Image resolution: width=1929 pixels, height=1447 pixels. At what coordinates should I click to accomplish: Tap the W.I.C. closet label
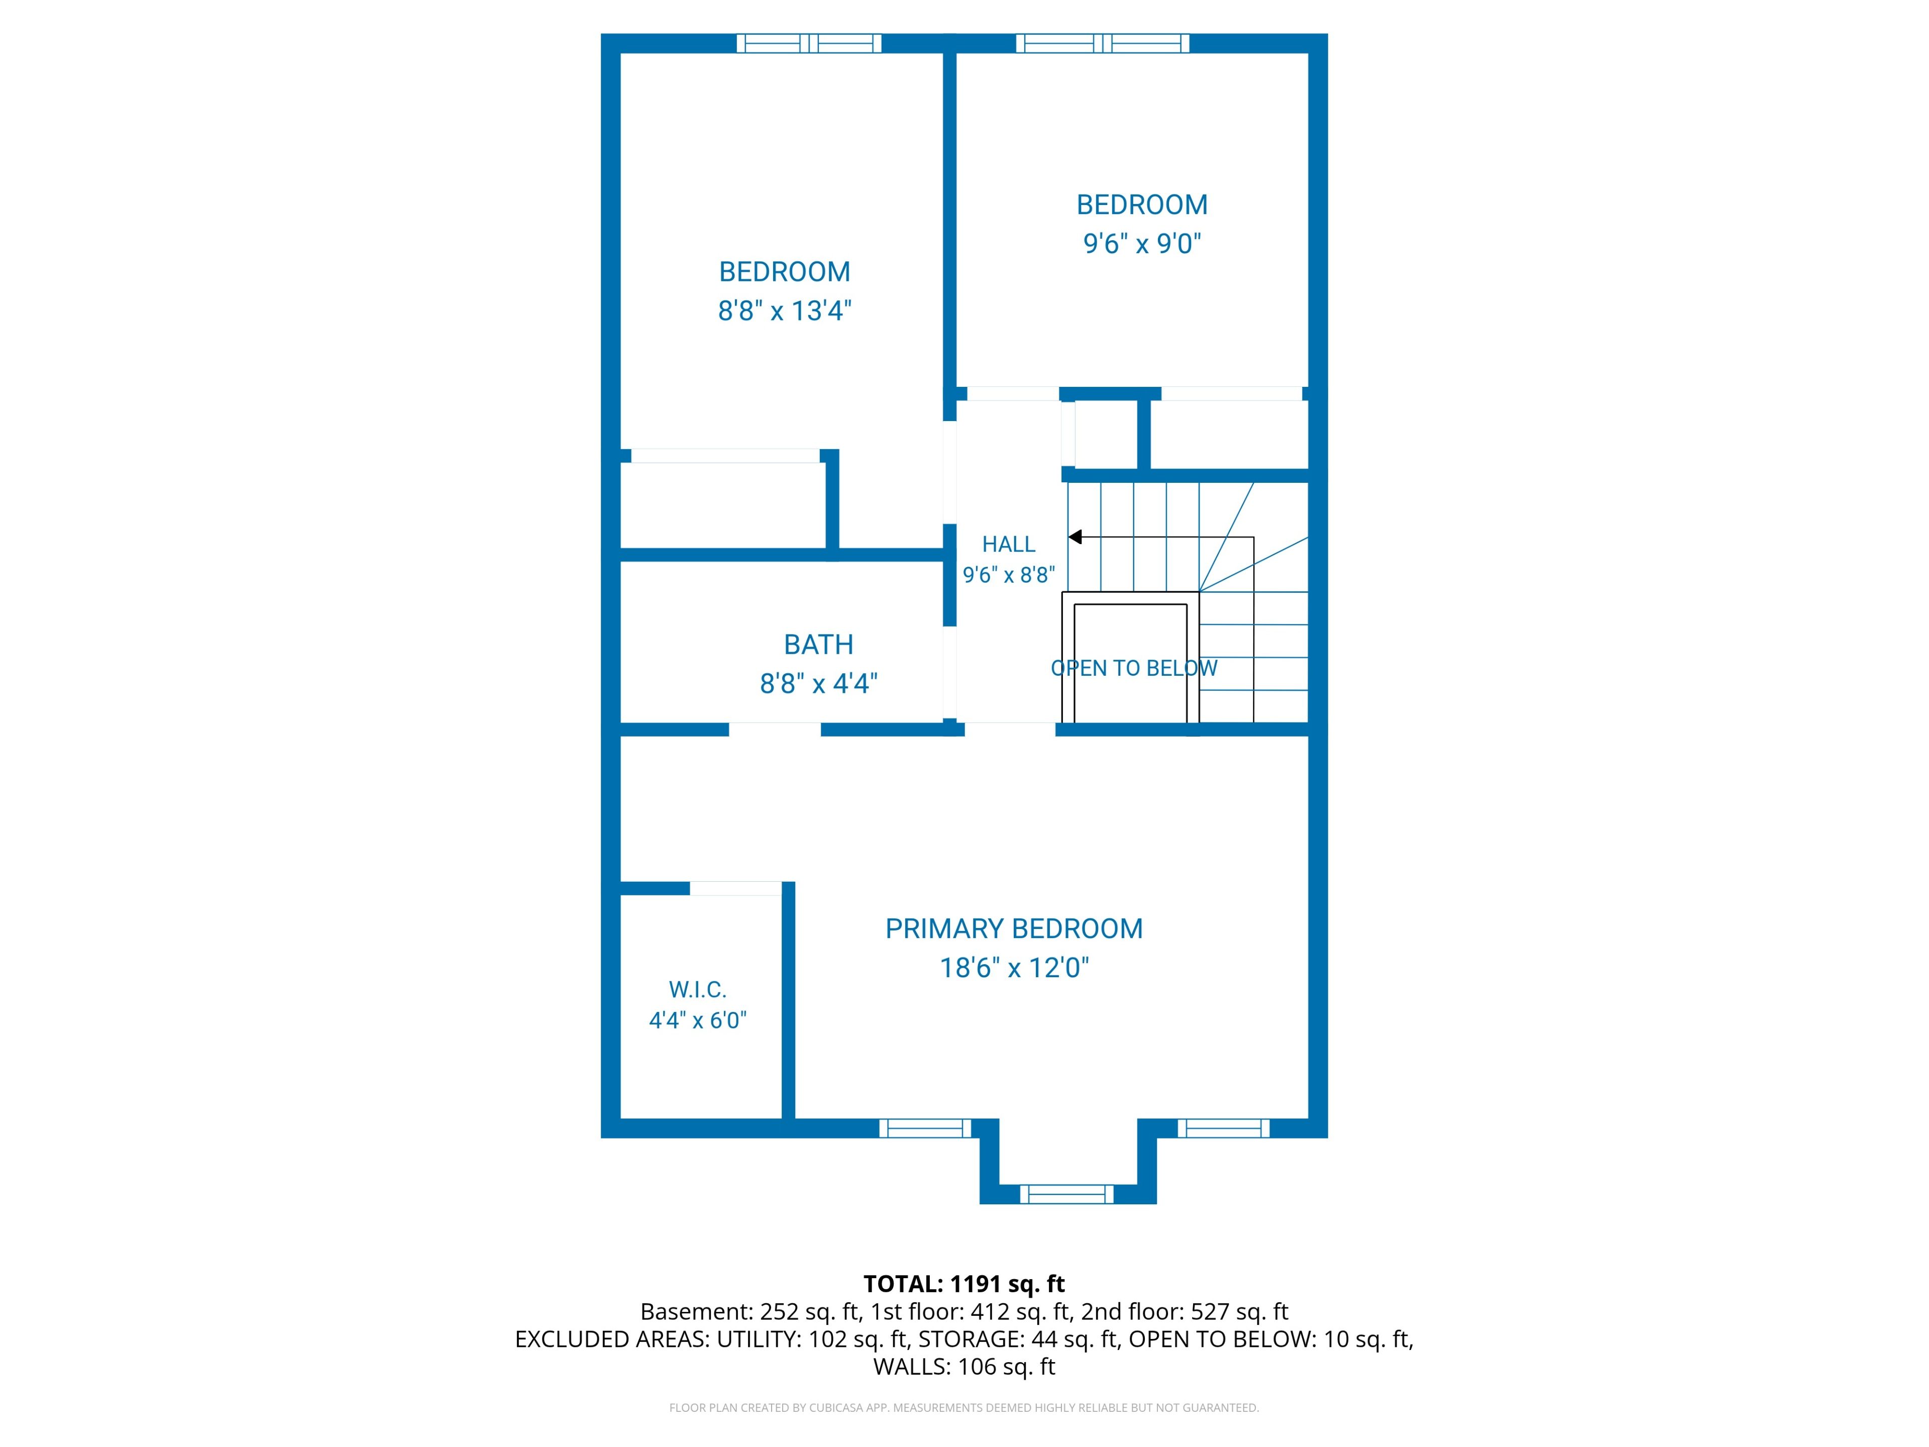tap(698, 990)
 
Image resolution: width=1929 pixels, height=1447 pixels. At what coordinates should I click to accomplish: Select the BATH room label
tap(818, 645)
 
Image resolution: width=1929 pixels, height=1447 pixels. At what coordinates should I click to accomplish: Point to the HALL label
tap(1009, 544)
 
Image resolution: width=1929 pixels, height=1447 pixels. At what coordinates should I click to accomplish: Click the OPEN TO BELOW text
tap(1134, 668)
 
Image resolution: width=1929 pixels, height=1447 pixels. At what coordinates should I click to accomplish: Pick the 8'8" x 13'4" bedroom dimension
tap(784, 311)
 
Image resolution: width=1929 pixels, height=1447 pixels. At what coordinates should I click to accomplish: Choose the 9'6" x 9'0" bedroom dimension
tap(1142, 243)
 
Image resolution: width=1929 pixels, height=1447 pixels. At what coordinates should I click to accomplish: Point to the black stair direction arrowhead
tap(1075, 537)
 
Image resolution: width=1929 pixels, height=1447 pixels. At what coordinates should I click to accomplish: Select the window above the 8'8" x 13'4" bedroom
tap(809, 44)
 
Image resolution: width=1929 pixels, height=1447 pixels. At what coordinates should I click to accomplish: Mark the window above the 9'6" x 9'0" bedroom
tap(1102, 44)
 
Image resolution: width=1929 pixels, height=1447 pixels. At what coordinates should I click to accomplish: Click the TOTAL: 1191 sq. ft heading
tap(963, 1284)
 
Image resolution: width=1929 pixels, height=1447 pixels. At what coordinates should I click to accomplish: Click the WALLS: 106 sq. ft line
tap(964, 1367)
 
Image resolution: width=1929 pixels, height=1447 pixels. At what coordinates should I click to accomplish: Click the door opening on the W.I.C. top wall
tap(736, 888)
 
